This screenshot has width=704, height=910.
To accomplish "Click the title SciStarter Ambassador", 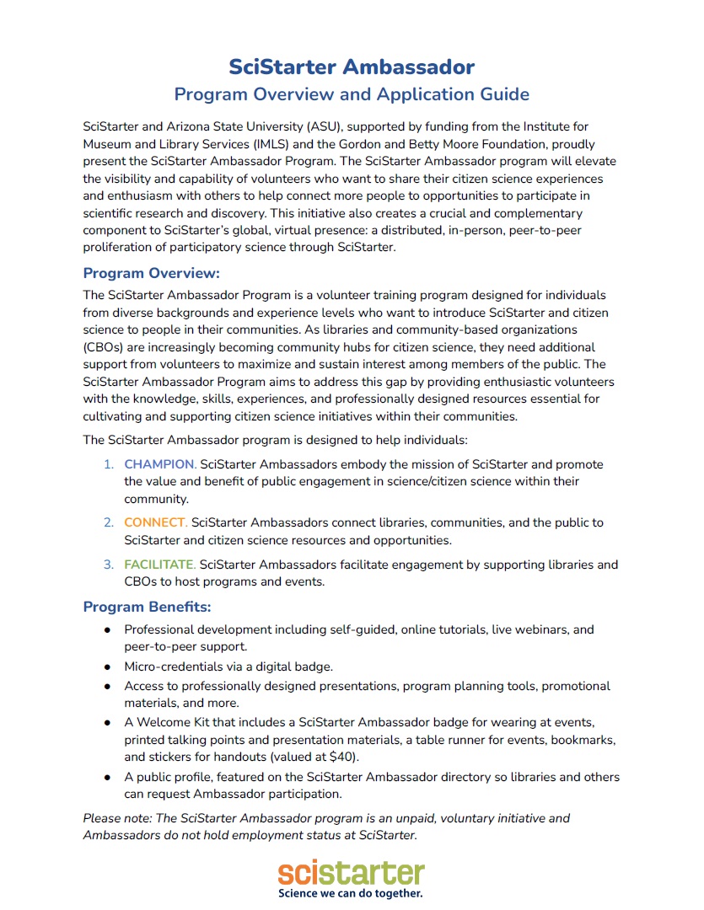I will (x=352, y=67).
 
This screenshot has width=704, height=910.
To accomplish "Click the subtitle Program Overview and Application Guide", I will (x=352, y=94).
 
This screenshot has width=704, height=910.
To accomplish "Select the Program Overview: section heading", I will (x=151, y=273).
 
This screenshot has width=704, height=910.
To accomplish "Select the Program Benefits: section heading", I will (x=147, y=607).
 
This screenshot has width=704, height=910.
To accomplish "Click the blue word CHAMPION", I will (x=160, y=464).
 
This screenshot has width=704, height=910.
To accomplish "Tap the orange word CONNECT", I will (x=156, y=522).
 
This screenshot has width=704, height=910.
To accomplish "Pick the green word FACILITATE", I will (x=160, y=564).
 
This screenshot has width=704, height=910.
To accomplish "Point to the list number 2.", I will (x=108, y=522).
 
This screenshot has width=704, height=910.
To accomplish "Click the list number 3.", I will (x=108, y=564).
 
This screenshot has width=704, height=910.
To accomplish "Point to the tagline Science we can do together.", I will (x=352, y=892).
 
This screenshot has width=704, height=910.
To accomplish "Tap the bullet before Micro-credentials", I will (x=108, y=666).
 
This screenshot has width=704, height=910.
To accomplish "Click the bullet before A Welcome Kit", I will (x=108, y=722).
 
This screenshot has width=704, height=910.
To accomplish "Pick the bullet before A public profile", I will (x=108, y=777).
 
